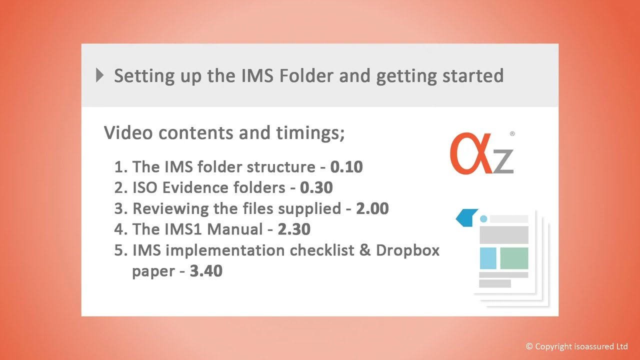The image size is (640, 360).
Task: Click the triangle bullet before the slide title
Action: tap(100, 75)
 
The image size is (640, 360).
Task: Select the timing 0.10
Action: tap(346, 166)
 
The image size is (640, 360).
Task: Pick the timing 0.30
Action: tap(316, 187)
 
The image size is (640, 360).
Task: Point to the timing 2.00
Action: tap(372, 208)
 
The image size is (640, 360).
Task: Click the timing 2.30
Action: tap(294, 229)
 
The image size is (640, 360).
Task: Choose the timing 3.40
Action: tap(206, 271)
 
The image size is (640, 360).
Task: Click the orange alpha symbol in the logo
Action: tap(470, 153)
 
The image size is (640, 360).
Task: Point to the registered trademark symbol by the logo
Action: tap(512, 134)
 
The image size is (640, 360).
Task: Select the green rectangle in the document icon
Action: tap(514, 258)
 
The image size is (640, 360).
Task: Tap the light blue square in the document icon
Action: tap(488, 258)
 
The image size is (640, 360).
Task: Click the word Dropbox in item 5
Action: tap(407, 250)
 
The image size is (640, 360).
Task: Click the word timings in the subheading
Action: tap(310, 132)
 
